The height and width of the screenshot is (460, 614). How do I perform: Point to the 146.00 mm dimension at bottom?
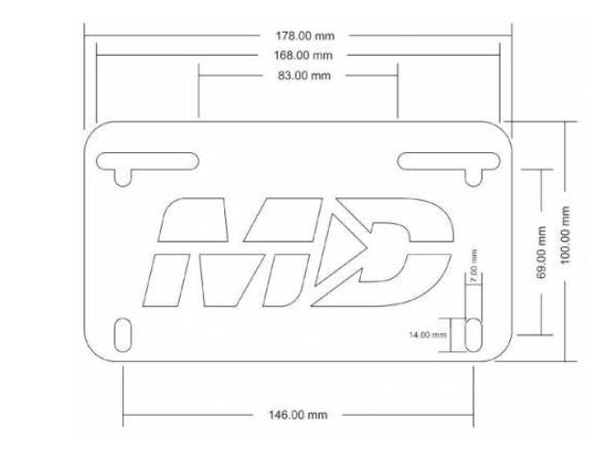(x=296, y=415)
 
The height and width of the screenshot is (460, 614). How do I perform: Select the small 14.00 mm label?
(x=428, y=334)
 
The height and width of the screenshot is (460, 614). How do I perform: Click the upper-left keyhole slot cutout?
(x=144, y=161)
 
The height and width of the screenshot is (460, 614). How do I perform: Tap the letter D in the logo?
(x=404, y=250)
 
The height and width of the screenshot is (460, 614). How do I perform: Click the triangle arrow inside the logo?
(x=357, y=248)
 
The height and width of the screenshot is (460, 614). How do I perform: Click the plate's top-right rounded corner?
(x=499, y=130)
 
